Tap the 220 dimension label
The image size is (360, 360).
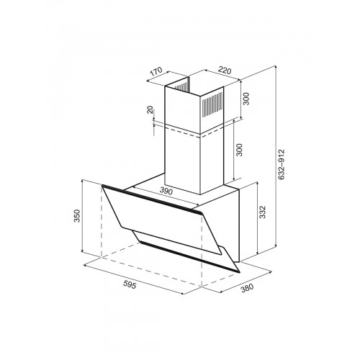click(x=225, y=71)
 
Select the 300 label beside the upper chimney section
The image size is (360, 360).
click(x=246, y=99)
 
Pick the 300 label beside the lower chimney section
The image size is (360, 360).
click(x=239, y=150)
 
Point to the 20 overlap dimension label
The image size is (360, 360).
click(x=150, y=109)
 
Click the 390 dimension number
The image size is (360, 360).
click(x=166, y=191)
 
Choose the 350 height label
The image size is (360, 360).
click(x=76, y=216)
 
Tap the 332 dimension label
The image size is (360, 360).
click(x=263, y=212)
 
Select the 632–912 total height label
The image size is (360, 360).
click(x=281, y=164)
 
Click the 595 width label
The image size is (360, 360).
click(x=130, y=284)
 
